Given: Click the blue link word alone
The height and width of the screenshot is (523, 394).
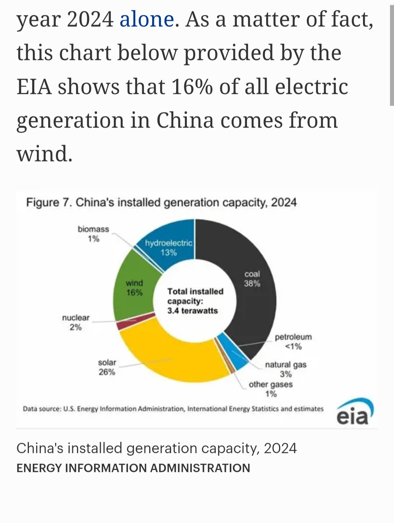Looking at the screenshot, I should [147, 19].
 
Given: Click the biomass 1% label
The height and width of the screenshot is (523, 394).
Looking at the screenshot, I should [93, 234].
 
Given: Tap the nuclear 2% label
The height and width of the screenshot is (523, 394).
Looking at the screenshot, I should [76, 322].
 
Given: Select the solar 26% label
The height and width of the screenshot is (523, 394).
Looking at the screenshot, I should [107, 367].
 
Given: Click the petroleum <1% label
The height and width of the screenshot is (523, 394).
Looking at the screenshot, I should [293, 341].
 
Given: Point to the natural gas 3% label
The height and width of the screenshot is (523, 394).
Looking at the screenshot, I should [286, 369].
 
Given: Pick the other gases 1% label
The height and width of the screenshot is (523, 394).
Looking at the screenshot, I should [271, 389].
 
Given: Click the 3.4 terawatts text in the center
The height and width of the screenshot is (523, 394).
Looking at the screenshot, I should [193, 311].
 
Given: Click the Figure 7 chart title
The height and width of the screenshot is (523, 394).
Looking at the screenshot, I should [161, 202].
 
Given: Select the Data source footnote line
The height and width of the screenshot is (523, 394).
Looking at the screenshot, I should [173, 409].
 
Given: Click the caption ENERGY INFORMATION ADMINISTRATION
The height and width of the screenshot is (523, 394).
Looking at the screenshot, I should [133, 468].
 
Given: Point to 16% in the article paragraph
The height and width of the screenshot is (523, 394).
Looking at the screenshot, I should [192, 87].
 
